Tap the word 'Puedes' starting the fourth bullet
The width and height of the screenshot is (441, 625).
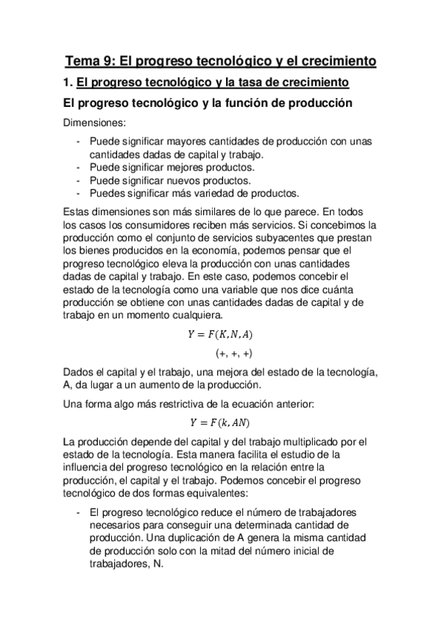pyautogui.click(x=107, y=194)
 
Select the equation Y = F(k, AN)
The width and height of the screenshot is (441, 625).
pyautogui.click(x=221, y=422)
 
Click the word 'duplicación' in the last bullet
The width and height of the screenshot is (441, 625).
pyautogui.click(x=158, y=537)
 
